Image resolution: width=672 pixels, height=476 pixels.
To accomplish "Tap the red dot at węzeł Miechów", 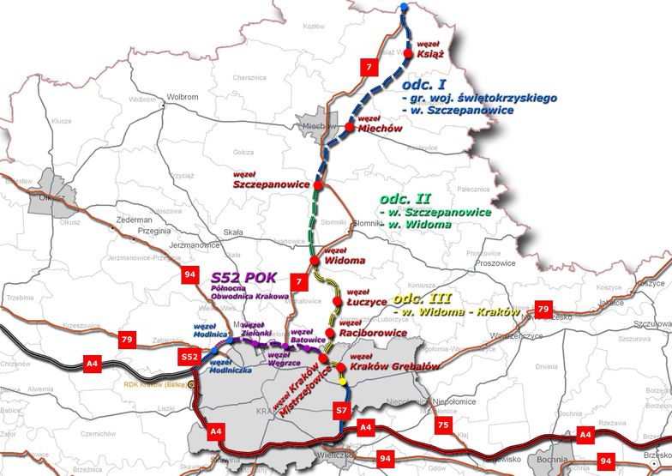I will tap(350, 128).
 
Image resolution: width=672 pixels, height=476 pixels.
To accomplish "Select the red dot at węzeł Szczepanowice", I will tap(317, 185).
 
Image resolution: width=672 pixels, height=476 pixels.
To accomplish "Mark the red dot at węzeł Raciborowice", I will tap(329, 332).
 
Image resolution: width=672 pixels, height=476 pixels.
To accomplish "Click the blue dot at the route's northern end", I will tap(405, 9).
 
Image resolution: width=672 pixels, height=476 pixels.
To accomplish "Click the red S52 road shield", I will tap(189, 356).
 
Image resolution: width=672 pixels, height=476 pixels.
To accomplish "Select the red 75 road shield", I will tap(443, 425).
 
